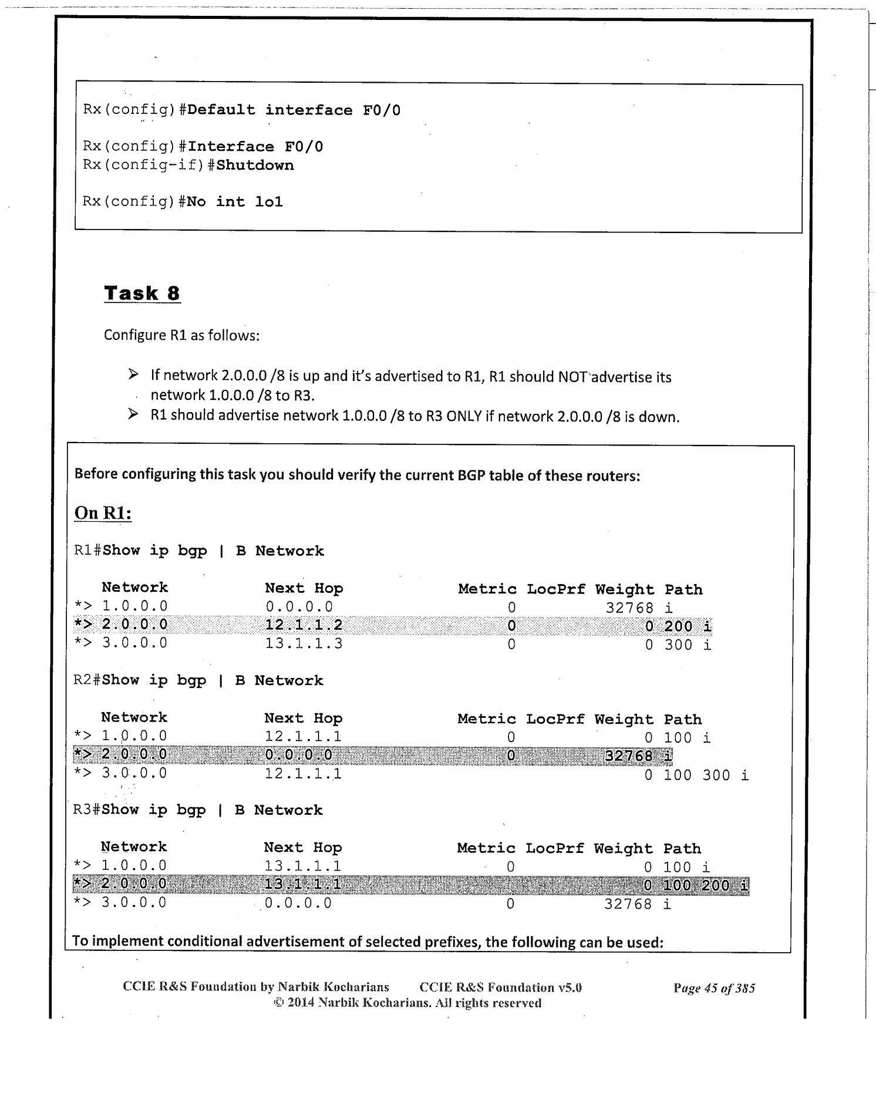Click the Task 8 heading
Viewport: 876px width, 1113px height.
click(141, 293)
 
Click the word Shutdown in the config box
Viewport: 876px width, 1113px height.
click(255, 165)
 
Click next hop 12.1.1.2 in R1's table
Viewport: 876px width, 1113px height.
click(304, 625)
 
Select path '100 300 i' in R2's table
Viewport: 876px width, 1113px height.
click(706, 775)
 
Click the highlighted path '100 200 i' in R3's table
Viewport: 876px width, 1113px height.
click(706, 885)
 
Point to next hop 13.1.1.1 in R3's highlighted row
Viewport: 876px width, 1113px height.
click(302, 885)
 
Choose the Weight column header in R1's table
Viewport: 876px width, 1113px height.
click(624, 589)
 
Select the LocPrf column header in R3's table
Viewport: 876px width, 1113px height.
click(554, 848)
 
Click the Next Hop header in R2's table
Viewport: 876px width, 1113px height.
click(303, 719)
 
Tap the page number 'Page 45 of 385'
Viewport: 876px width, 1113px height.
click(714, 989)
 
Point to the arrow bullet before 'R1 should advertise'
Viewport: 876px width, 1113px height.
click(133, 415)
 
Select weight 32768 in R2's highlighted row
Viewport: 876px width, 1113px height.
click(628, 756)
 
